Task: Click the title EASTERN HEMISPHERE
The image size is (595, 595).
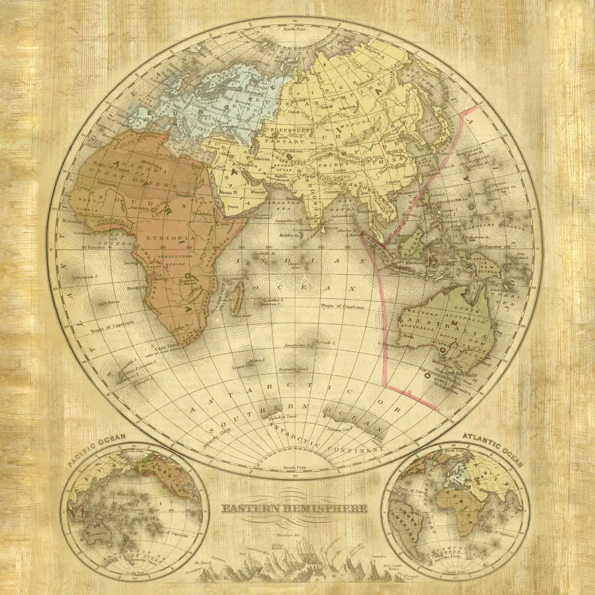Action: click(x=295, y=508)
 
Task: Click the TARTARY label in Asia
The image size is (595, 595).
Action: click(x=277, y=141)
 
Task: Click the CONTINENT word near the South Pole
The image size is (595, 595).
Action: click(x=363, y=450)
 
